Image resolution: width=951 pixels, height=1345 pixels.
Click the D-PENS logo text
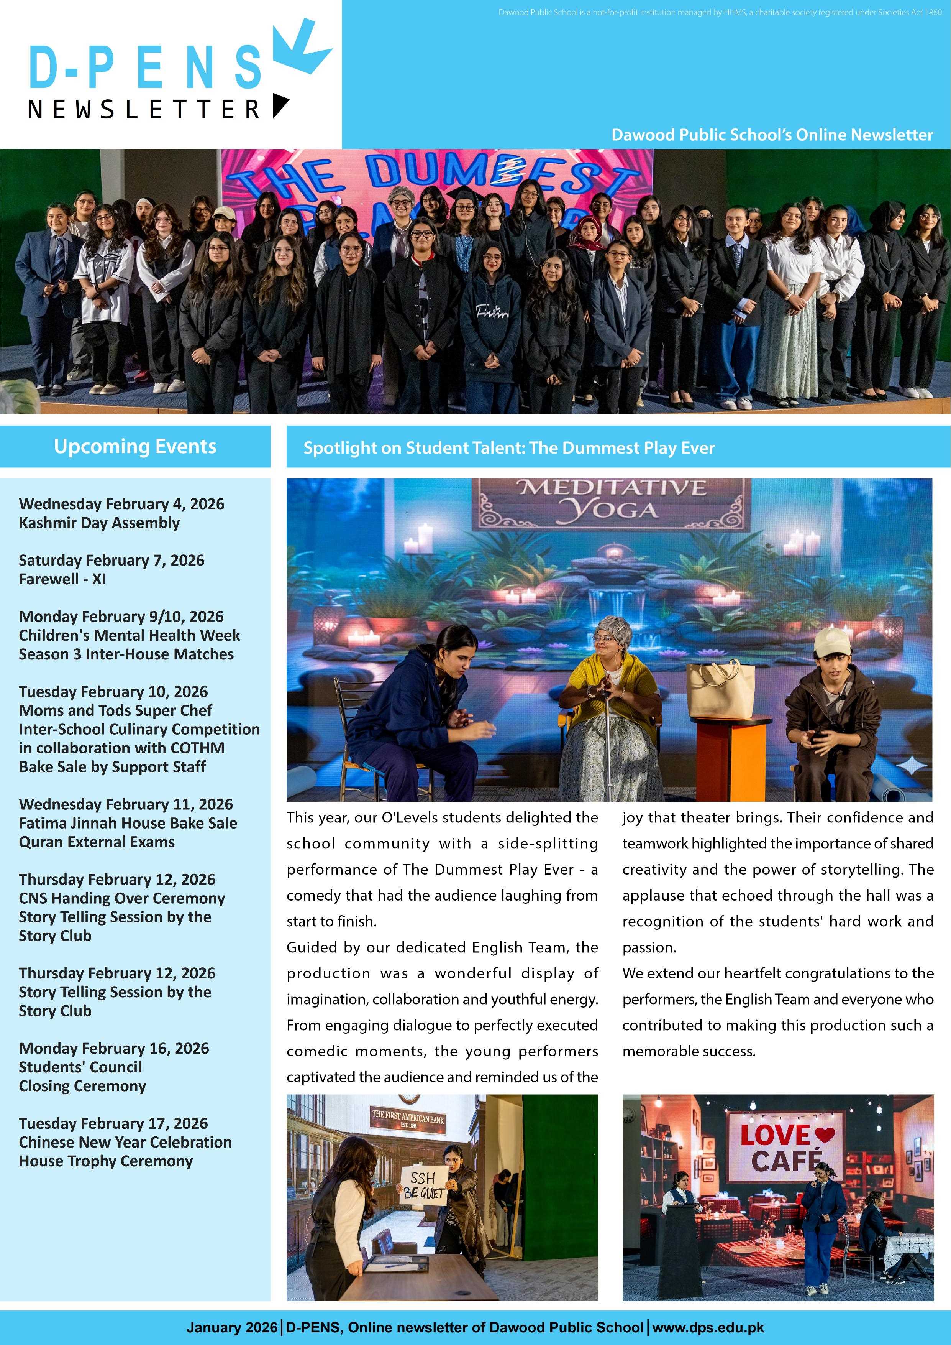coord(145,68)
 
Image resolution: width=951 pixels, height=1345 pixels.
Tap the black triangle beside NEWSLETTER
coord(280,105)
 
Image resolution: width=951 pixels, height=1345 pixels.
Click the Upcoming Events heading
coord(135,446)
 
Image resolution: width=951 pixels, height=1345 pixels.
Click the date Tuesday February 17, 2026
coord(113,1123)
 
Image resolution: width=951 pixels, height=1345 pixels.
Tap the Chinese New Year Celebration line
coord(125,1142)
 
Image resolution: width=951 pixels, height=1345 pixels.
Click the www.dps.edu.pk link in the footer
coord(708,1327)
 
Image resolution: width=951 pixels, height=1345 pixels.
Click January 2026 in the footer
coord(232,1327)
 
